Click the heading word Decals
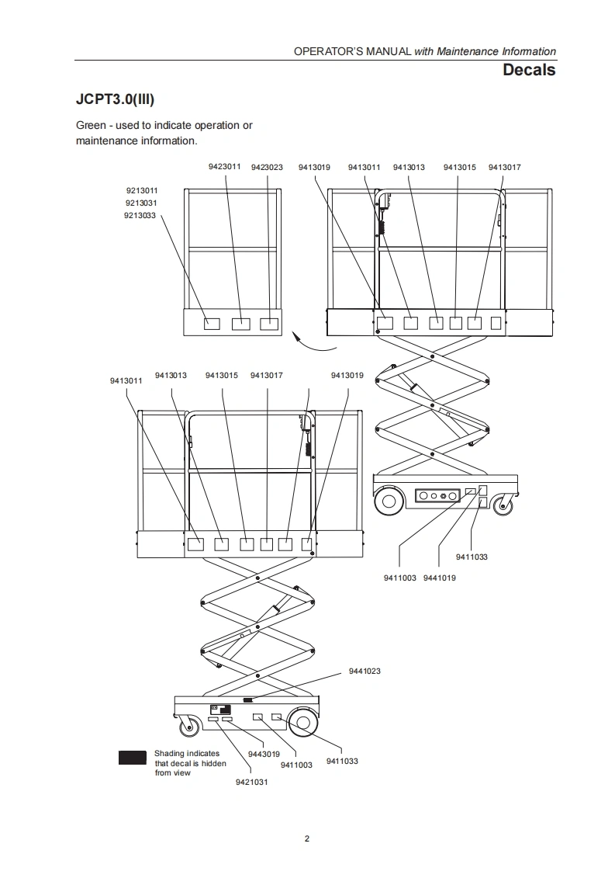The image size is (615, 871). coord(529,70)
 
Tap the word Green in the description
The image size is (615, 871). coord(91,125)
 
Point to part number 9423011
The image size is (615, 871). coord(224,167)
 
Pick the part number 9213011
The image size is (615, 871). coord(142,190)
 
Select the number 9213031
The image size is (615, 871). coord(142,203)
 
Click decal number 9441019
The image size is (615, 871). coord(440,578)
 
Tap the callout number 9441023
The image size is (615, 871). coord(365,671)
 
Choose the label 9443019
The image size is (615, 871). coord(264,754)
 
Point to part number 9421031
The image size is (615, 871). coord(251,782)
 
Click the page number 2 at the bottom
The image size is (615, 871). coord(307,838)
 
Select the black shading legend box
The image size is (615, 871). coord(132,758)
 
